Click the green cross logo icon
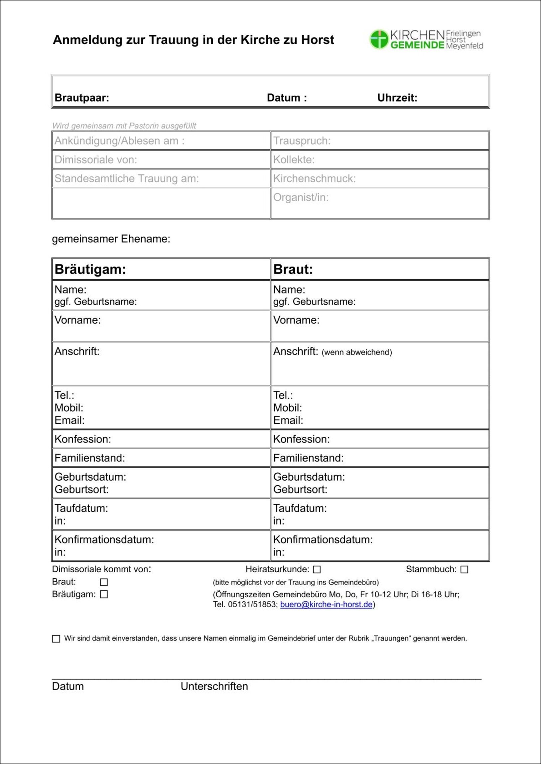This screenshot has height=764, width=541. (379, 39)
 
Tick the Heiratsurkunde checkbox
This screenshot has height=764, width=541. (317, 569)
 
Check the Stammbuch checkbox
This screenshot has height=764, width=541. (464, 569)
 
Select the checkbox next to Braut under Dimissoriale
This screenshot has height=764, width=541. (104, 582)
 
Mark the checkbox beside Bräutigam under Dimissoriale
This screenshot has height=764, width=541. (104, 594)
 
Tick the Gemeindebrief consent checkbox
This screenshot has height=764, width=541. (56, 638)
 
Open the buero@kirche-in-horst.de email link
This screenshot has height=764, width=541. (326, 604)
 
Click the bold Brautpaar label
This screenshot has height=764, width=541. (81, 98)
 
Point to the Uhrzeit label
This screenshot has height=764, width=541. (397, 98)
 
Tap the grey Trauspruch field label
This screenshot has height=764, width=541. (302, 141)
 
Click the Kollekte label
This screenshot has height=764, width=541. (294, 160)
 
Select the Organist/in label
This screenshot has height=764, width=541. (301, 197)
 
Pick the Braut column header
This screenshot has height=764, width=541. (293, 269)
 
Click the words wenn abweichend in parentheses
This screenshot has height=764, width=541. (356, 352)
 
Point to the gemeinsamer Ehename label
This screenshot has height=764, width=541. (111, 239)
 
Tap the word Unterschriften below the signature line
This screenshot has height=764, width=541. (214, 686)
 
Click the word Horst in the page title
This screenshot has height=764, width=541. (318, 40)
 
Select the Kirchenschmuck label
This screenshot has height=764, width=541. (315, 179)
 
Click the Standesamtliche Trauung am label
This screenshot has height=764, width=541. (127, 179)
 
